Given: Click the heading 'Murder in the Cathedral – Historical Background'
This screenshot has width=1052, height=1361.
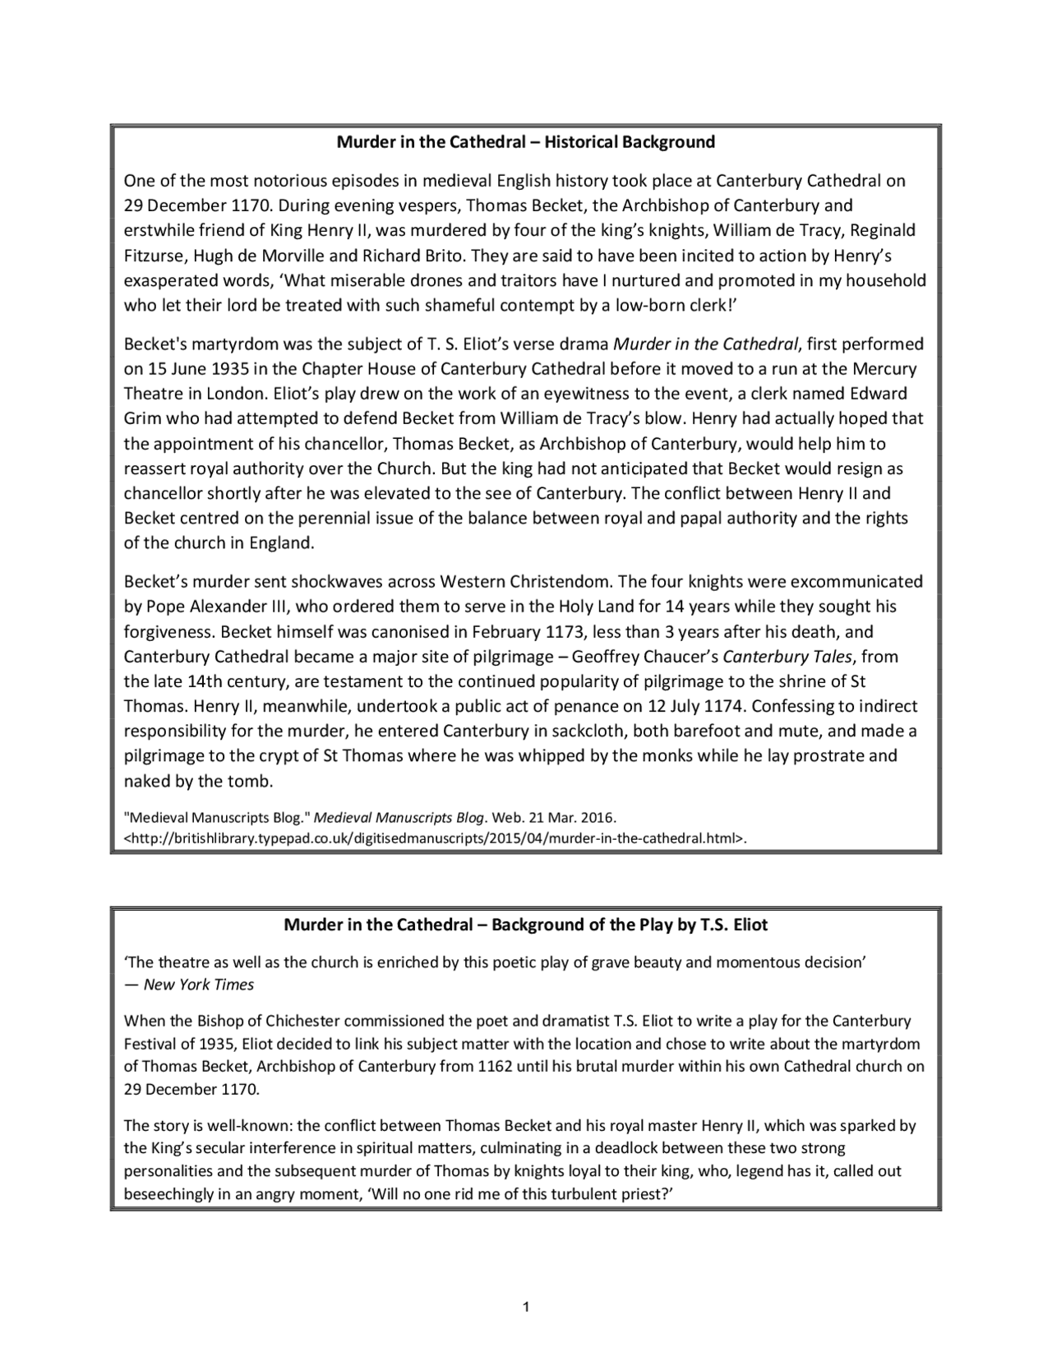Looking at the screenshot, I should [x=526, y=142].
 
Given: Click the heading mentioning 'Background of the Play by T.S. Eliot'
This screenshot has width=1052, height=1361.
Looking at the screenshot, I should [x=526, y=925].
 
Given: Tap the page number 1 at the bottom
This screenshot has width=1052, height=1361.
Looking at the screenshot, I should [x=526, y=1306].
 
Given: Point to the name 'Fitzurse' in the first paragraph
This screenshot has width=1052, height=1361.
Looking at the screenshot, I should [x=155, y=256].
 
